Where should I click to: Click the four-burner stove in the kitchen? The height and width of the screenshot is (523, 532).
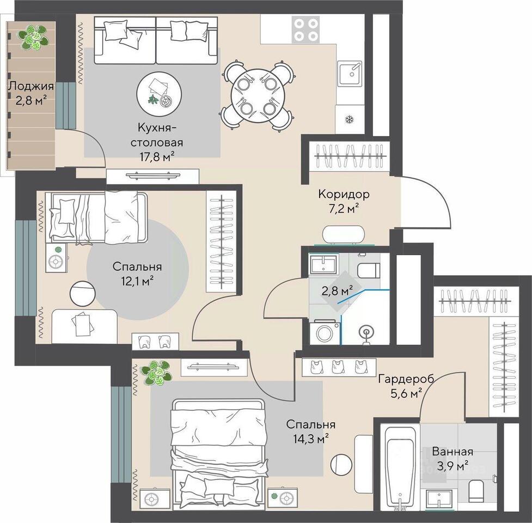tap(306, 30)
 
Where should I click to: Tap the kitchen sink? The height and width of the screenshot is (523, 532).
tap(350, 74)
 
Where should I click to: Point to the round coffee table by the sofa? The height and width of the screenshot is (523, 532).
tap(159, 94)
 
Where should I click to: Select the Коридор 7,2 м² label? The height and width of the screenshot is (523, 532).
tap(344, 201)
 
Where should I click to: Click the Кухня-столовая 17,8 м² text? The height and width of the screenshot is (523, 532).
tap(157, 142)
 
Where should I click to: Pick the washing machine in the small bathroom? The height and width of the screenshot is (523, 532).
tap(325, 332)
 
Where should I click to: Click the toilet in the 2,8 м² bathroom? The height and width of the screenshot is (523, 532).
tap(369, 270)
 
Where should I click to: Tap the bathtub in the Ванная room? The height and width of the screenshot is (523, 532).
tap(400, 467)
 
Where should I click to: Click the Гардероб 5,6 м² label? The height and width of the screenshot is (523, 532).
tap(406, 386)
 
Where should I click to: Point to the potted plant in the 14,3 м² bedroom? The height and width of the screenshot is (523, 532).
tap(156, 373)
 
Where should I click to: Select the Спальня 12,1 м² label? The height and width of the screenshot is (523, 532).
tap(137, 273)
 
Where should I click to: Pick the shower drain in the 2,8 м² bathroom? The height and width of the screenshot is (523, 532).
tap(366, 332)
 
